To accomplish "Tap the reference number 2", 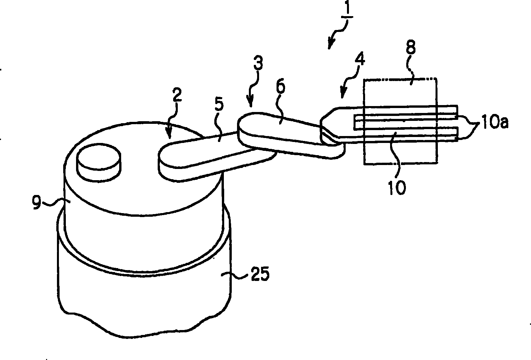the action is pos(176,95).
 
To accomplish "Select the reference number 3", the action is pos(258,63).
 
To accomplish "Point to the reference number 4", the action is pos(359,58).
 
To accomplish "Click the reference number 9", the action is pos(37,203).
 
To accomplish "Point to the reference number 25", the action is pos(260,274).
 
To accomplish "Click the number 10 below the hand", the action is pos(397,187).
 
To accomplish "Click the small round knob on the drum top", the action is pos(99,163).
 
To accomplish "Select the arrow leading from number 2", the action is pos(173,121).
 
